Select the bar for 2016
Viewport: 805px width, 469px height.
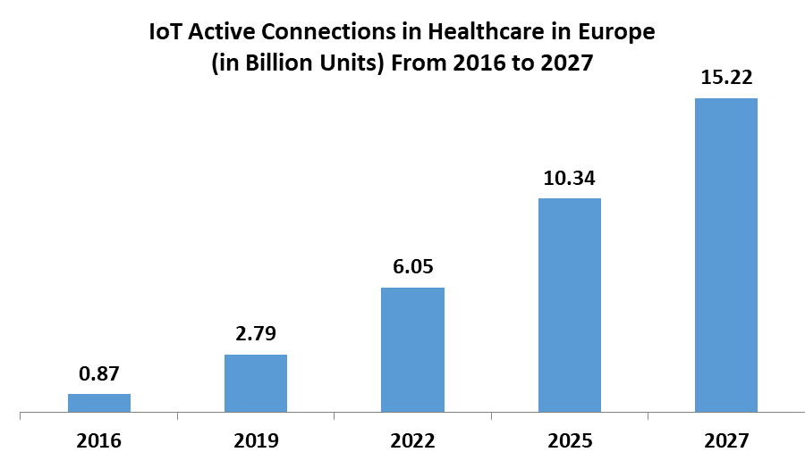(99, 403)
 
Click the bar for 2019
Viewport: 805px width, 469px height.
(256, 383)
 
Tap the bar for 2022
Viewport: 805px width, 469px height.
(412, 350)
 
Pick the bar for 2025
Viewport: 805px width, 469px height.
(569, 306)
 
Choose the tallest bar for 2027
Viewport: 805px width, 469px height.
(725, 255)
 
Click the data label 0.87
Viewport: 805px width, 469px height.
(99, 374)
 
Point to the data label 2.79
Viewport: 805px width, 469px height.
(256, 335)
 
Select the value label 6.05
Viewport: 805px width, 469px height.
(412, 268)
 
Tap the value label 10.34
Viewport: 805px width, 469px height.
(569, 179)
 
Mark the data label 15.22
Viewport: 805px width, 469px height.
(725, 79)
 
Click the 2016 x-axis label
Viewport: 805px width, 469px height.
(99, 440)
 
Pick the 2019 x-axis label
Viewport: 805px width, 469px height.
(256, 440)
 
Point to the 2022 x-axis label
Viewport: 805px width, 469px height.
(412, 440)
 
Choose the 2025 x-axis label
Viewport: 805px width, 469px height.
(569, 440)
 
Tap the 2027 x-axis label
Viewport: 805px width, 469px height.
(725, 440)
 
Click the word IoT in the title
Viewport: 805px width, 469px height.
(166, 33)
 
